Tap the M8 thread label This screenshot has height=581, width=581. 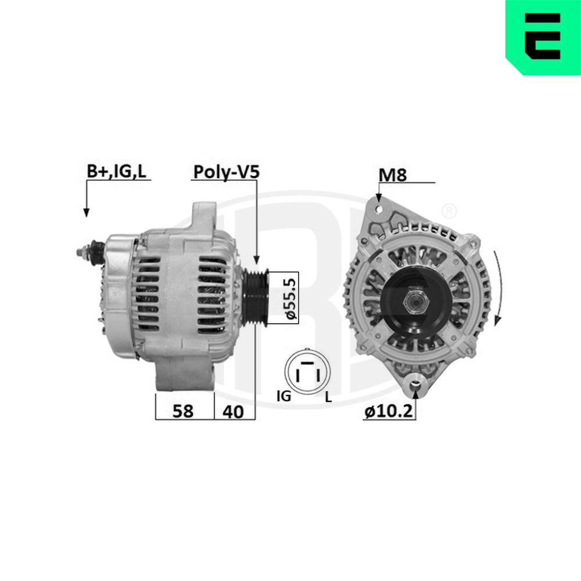(x=392, y=174)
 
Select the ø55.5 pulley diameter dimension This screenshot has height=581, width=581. (x=291, y=298)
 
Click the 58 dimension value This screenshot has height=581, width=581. (x=184, y=411)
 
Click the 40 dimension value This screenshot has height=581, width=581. (x=233, y=411)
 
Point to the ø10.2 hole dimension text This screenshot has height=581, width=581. (x=389, y=412)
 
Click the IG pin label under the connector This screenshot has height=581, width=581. (x=284, y=397)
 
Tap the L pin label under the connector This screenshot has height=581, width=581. (x=328, y=397)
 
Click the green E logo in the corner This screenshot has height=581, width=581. (x=543, y=37)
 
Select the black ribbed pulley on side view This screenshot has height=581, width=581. (x=254, y=298)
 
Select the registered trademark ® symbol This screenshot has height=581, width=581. (x=449, y=210)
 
